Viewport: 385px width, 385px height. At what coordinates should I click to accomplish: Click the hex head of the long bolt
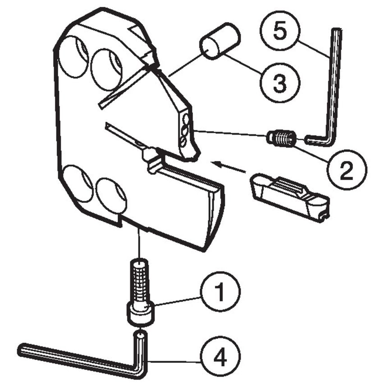[142, 313]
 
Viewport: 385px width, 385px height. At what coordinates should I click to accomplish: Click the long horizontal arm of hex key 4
[77, 356]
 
